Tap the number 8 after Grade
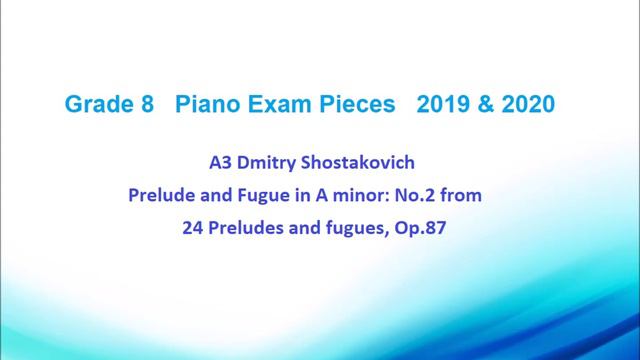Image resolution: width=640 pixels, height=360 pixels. [146, 103]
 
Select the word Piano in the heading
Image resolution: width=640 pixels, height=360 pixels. [204, 103]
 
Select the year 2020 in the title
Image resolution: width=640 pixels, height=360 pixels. [531, 103]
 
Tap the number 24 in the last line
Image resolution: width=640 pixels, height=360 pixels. [193, 227]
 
